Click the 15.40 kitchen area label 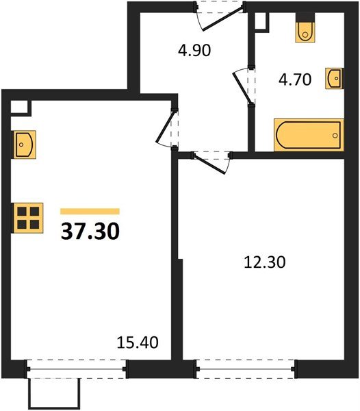tap(139, 340)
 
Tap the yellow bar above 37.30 tap(90, 212)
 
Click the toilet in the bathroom tap(304, 30)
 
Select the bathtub tap(307, 134)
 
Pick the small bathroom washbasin tap(335, 78)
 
